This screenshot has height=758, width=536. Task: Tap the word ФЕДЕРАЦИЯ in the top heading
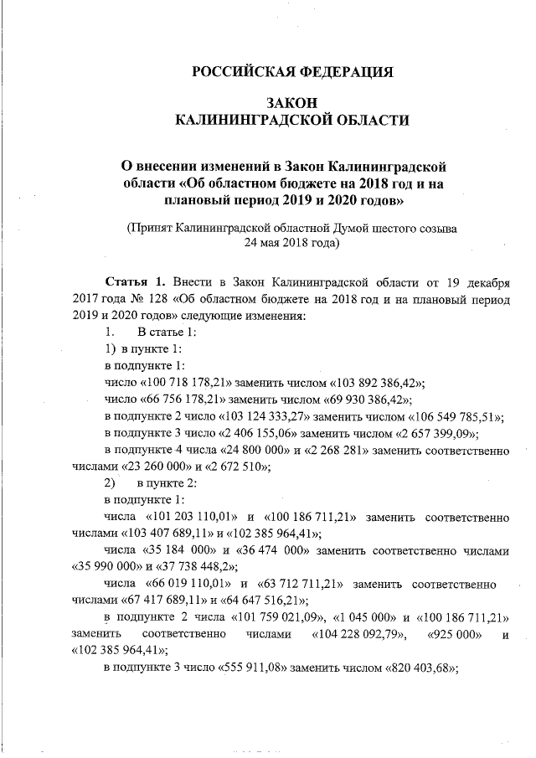(347, 71)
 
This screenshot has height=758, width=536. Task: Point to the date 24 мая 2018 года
(291, 244)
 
